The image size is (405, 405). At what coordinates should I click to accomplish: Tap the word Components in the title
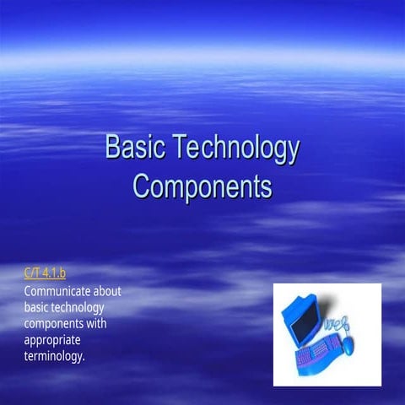coord(202,185)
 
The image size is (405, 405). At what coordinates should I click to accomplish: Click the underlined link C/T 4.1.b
coord(46,273)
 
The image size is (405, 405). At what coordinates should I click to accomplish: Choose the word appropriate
coord(55,340)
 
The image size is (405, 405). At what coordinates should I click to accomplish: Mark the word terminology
coord(55,356)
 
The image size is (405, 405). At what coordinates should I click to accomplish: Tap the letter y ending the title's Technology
coord(292,150)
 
